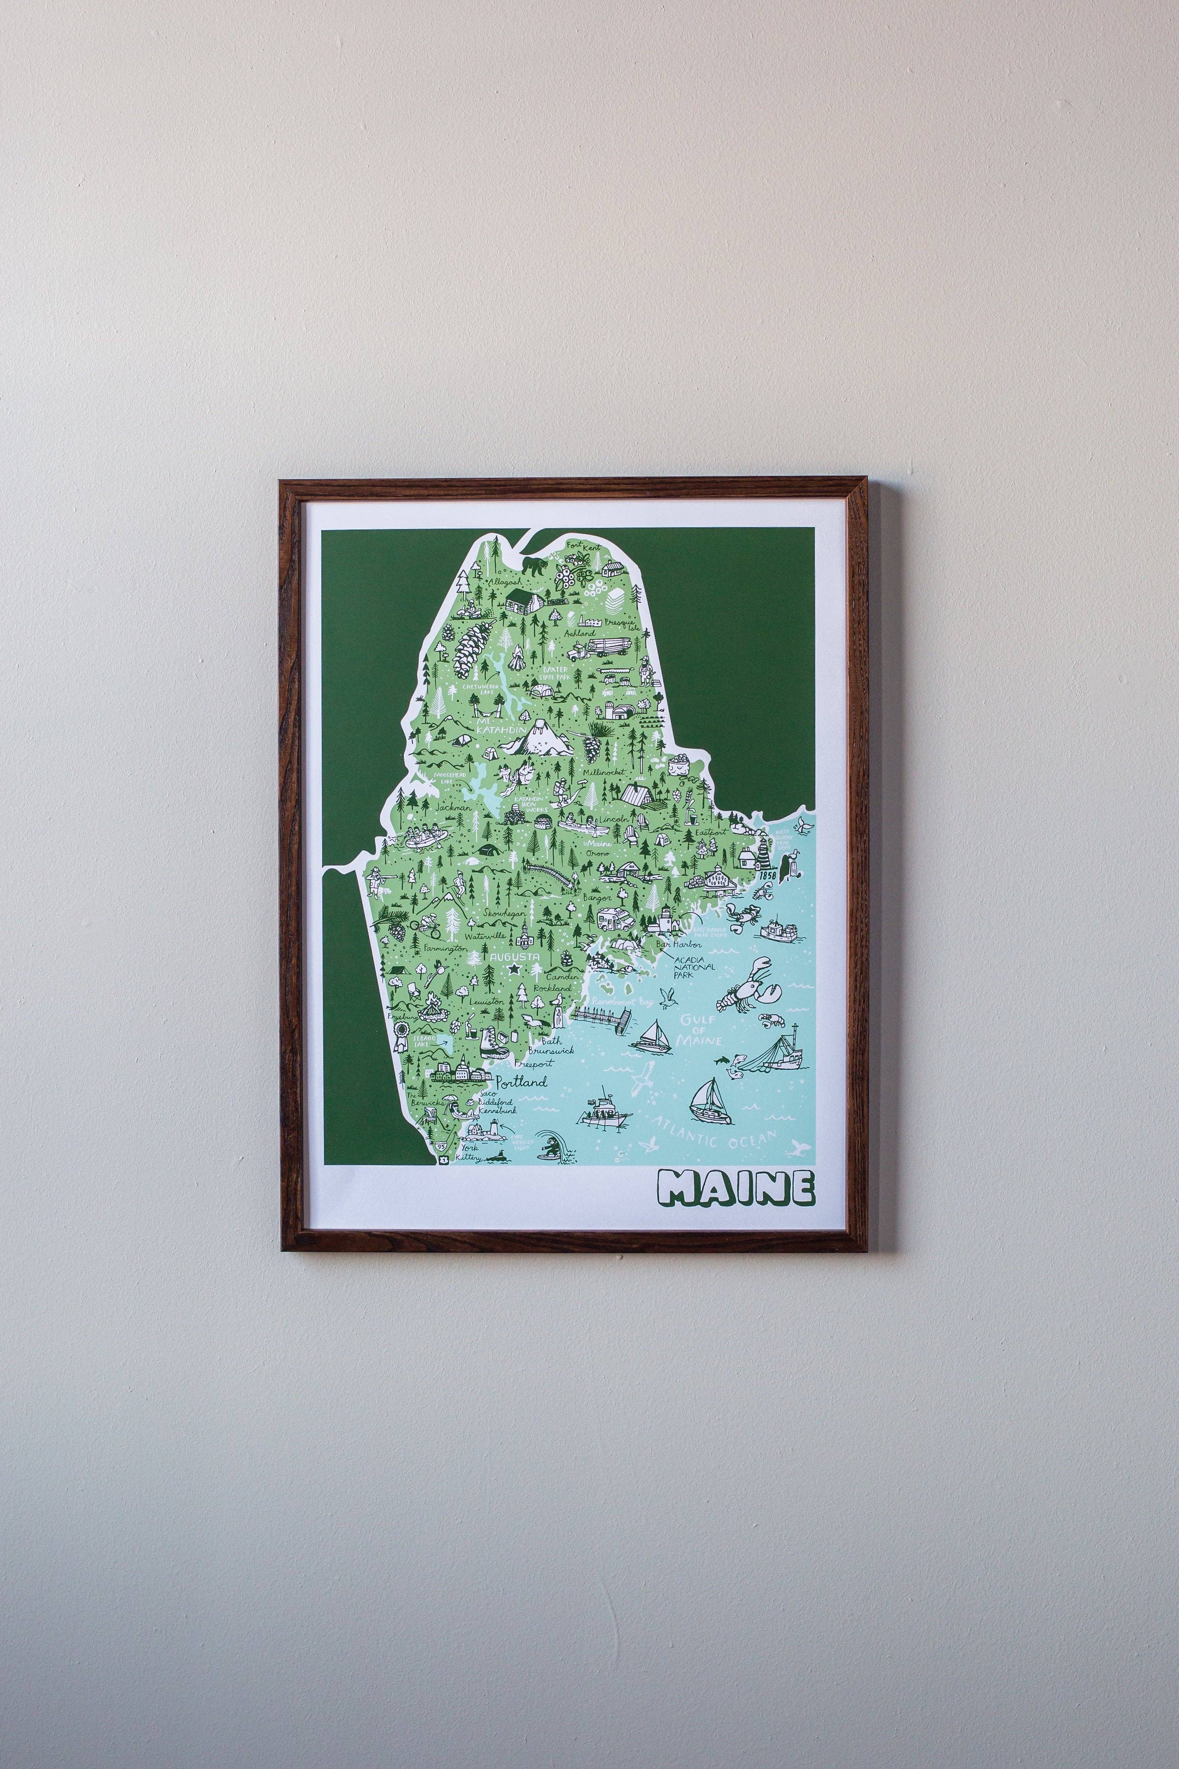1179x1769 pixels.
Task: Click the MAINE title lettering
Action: click(736, 1187)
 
